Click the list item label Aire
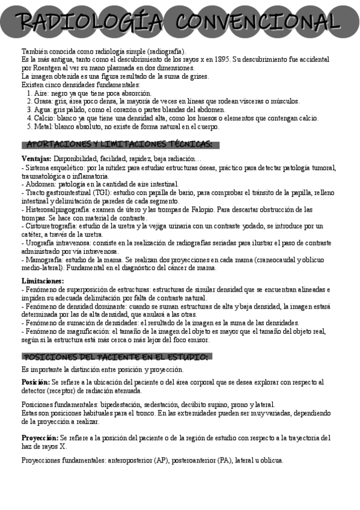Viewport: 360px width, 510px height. [x=41, y=93]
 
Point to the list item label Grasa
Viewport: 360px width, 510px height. [x=43, y=102]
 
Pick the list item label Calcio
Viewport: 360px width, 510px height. [x=44, y=118]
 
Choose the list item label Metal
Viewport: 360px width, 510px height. [x=43, y=127]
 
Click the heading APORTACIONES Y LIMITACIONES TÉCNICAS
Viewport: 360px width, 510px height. [x=120, y=144]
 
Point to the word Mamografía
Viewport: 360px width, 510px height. [x=43, y=260]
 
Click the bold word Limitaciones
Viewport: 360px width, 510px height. [x=42, y=281]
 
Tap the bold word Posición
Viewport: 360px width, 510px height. [x=35, y=382]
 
